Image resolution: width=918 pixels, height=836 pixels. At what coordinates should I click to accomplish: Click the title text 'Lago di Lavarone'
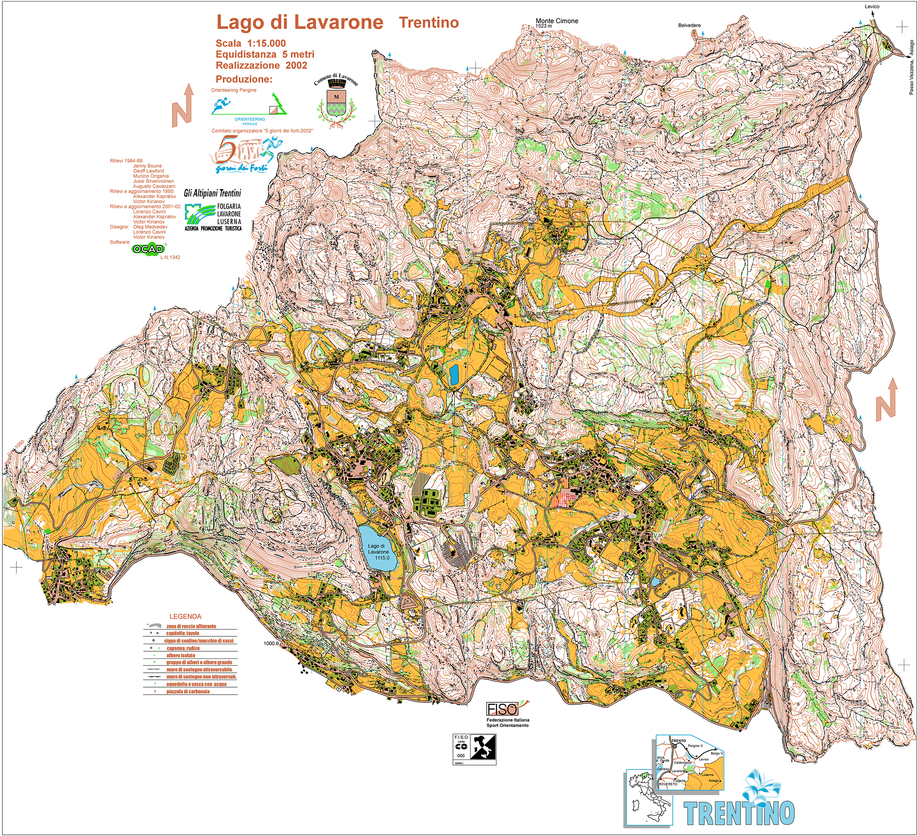[x=299, y=22]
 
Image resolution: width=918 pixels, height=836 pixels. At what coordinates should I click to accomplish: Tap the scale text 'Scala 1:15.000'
[x=251, y=43]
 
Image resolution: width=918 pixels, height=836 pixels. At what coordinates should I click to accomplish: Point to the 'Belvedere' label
[x=689, y=25]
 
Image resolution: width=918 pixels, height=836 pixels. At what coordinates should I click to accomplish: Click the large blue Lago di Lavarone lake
[x=378, y=549]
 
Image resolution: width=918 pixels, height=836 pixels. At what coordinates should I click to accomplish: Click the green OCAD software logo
[x=148, y=249]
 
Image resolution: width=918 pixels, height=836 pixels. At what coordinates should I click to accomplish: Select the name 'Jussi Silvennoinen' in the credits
[x=153, y=181]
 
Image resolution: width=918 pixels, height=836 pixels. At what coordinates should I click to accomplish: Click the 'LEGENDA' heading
[x=185, y=616]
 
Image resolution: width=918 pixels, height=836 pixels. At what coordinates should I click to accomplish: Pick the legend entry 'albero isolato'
[x=180, y=656]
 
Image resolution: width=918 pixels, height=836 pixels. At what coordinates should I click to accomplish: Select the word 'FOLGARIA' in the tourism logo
[x=229, y=206]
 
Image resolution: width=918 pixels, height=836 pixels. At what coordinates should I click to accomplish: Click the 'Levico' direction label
[x=872, y=6]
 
